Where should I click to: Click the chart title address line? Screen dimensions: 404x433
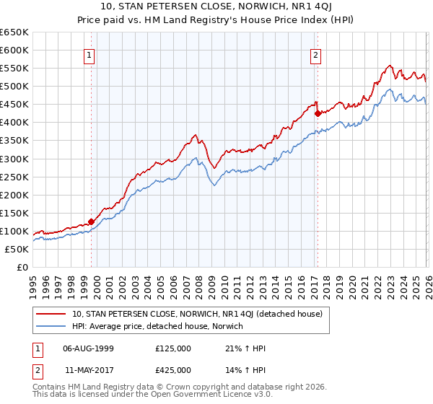(216, 7)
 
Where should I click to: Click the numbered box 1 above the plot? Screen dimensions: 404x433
(89, 55)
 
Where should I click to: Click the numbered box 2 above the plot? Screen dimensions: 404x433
(316, 55)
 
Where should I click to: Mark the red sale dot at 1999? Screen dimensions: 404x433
(92, 221)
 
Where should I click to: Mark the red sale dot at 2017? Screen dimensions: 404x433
(318, 113)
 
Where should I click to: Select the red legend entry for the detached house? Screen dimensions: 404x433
(201, 314)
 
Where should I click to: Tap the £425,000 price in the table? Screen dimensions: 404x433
(172, 369)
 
